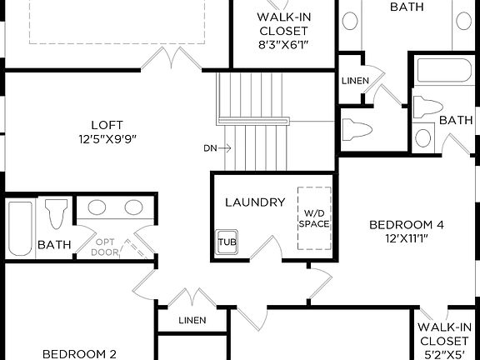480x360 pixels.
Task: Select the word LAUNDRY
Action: (255, 202)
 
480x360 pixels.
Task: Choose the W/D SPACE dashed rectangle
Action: (314, 218)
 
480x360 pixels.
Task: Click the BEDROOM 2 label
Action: (79, 353)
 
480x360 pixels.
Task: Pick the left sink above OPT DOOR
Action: (97, 208)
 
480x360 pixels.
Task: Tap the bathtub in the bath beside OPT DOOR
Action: (18, 227)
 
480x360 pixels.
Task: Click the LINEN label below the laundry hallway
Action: (192, 321)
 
